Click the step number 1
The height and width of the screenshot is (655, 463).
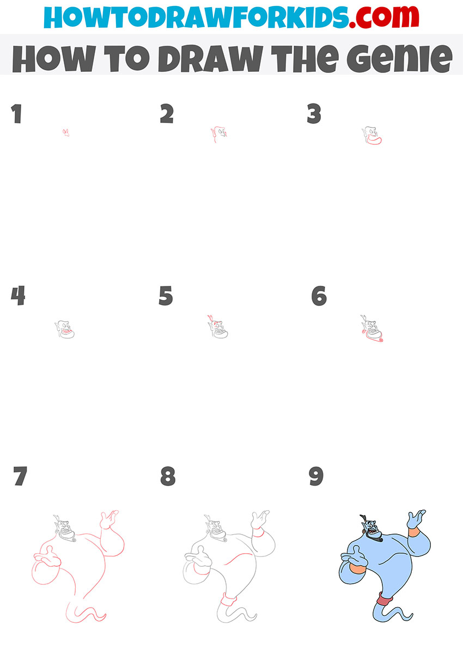click(x=16, y=114)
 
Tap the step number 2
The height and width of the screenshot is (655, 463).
click(x=167, y=114)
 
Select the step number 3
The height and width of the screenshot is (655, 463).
click(x=314, y=114)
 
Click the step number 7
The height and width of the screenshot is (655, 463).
click(x=20, y=476)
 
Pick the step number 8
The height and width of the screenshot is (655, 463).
click(x=167, y=476)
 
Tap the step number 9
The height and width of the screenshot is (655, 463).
click(x=316, y=476)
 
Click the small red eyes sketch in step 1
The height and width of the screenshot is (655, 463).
click(x=66, y=132)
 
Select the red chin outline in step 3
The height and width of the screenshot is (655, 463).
click(x=373, y=141)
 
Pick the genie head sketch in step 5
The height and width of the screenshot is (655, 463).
click(x=217, y=327)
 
